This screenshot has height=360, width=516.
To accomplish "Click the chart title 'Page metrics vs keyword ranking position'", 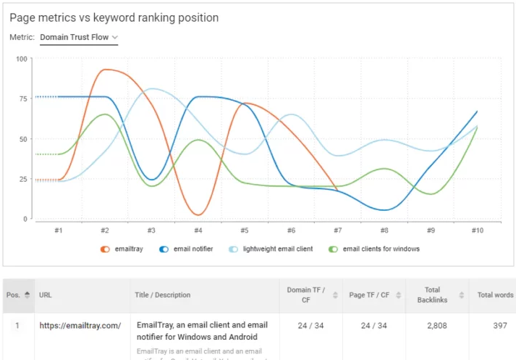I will pyautogui.click(x=114, y=17).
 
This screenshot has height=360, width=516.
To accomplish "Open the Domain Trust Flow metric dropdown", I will pyautogui.click(x=79, y=37).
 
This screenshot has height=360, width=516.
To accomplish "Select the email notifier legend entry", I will pyautogui.click(x=186, y=249).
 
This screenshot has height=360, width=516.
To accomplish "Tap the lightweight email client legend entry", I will pyautogui.click(x=271, y=249).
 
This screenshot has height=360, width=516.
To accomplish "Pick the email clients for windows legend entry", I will pyautogui.click(x=374, y=249).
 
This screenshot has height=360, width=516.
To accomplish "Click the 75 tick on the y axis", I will pyautogui.click(x=22, y=99).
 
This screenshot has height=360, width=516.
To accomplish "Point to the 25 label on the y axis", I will pyautogui.click(x=22, y=179).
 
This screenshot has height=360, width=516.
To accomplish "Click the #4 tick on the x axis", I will pyautogui.click(x=198, y=230).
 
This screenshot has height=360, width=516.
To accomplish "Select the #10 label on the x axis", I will pyautogui.click(x=477, y=230).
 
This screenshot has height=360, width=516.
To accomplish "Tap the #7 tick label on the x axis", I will pyautogui.click(x=337, y=230).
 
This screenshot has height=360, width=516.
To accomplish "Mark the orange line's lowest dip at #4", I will pyautogui.click(x=198, y=214).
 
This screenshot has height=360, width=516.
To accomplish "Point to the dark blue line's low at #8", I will pyautogui.click(x=384, y=210).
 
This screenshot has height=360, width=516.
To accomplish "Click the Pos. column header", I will pyautogui.click(x=17, y=295).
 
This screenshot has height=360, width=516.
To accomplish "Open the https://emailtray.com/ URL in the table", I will pyautogui.click(x=80, y=326).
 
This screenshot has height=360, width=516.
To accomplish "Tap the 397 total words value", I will pyautogui.click(x=500, y=326).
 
